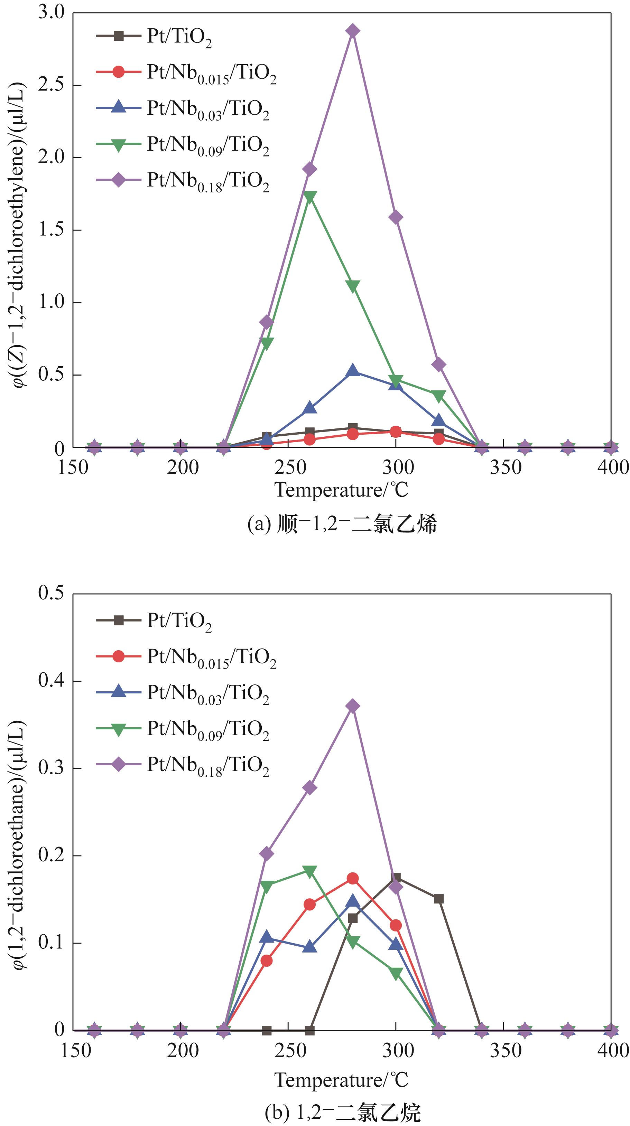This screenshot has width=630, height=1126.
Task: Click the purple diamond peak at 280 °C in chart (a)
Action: pos(353,31)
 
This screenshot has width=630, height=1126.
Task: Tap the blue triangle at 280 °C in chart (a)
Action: pos(353,371)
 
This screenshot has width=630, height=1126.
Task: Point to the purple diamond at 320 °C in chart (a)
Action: pos(439,365)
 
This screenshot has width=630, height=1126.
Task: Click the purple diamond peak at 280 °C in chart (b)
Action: pos(353,706)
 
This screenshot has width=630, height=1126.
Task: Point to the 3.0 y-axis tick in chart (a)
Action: pos(51,12)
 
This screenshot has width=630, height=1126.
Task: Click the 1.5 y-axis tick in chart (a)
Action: pos(51,229)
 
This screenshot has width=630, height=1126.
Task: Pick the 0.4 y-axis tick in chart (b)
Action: pos(51,681)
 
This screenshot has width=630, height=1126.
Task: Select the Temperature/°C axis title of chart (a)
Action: pos(341,490)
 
